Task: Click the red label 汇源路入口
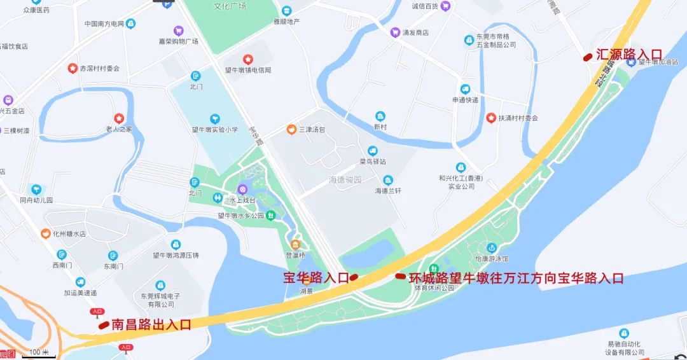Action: point(628,55)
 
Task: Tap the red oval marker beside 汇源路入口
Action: point(588,57)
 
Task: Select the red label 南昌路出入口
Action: point(151,324)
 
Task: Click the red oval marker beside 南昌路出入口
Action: point(104,325)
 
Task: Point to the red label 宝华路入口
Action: point(316,278)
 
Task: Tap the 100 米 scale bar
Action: point(39,353)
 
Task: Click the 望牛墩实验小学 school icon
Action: point(215,119)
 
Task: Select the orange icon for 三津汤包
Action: point(291,130)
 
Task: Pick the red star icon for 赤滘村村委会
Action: point(73,68)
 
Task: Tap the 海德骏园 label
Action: point(345,180)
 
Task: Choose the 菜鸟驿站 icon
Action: point(372,151)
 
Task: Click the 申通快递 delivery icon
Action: point(466,89)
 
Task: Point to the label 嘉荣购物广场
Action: point(179,41)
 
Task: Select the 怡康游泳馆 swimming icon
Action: point(491,248)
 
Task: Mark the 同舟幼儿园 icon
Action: point(36,189)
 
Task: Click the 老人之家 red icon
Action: point(118,118)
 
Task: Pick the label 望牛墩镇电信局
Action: point(247,70)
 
